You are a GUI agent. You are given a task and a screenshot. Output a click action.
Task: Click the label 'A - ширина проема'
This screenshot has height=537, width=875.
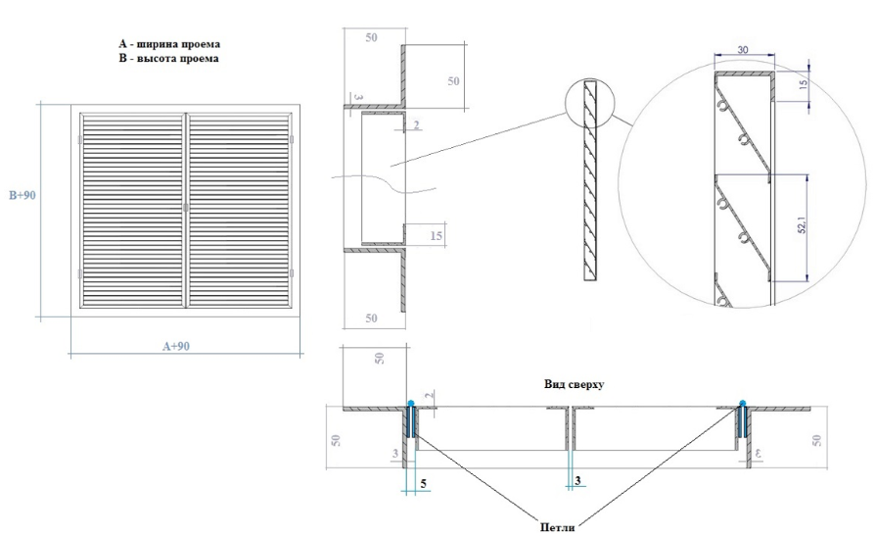(169, 43)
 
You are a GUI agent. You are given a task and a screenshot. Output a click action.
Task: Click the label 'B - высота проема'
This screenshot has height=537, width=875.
(168, 58)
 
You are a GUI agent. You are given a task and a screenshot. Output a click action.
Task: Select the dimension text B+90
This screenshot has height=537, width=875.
(23, 195)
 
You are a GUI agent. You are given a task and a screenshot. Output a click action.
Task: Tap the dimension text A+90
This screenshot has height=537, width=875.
(176, 347)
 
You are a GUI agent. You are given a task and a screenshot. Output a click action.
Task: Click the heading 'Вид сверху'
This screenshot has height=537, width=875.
(574, 384)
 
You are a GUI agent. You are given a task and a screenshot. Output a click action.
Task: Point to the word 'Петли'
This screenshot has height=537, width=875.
(557, 526)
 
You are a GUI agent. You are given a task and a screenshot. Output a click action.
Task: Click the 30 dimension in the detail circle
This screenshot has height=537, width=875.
(743, 50)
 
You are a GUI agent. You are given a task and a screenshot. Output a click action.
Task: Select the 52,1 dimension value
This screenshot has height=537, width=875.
(803, 224)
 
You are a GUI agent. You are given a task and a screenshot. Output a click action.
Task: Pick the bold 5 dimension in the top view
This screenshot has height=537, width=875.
(424, 483)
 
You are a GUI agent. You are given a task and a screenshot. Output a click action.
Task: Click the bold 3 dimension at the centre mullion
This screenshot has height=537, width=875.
(577, 480)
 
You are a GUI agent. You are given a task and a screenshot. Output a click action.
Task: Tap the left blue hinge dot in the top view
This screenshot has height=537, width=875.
(411, 403)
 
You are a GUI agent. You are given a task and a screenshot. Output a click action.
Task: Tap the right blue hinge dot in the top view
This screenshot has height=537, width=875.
(743, 403)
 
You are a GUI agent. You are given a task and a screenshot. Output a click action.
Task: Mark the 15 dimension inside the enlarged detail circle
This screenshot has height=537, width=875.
(803, 85)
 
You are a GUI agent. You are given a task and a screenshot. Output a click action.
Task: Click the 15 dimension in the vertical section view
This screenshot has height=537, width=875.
(436, 236)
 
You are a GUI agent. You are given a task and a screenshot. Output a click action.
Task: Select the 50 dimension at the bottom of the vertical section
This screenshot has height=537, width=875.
(371, 318)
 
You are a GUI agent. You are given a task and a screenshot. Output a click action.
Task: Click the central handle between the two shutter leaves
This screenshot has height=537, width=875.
(185, 208)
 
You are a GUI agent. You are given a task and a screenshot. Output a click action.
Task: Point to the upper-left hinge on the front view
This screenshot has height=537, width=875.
(80, 139)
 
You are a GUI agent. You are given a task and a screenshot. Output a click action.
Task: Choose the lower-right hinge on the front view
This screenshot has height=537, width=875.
(292, 273)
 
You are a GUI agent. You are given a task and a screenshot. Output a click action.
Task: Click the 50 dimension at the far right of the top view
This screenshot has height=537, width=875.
(817, 440)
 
